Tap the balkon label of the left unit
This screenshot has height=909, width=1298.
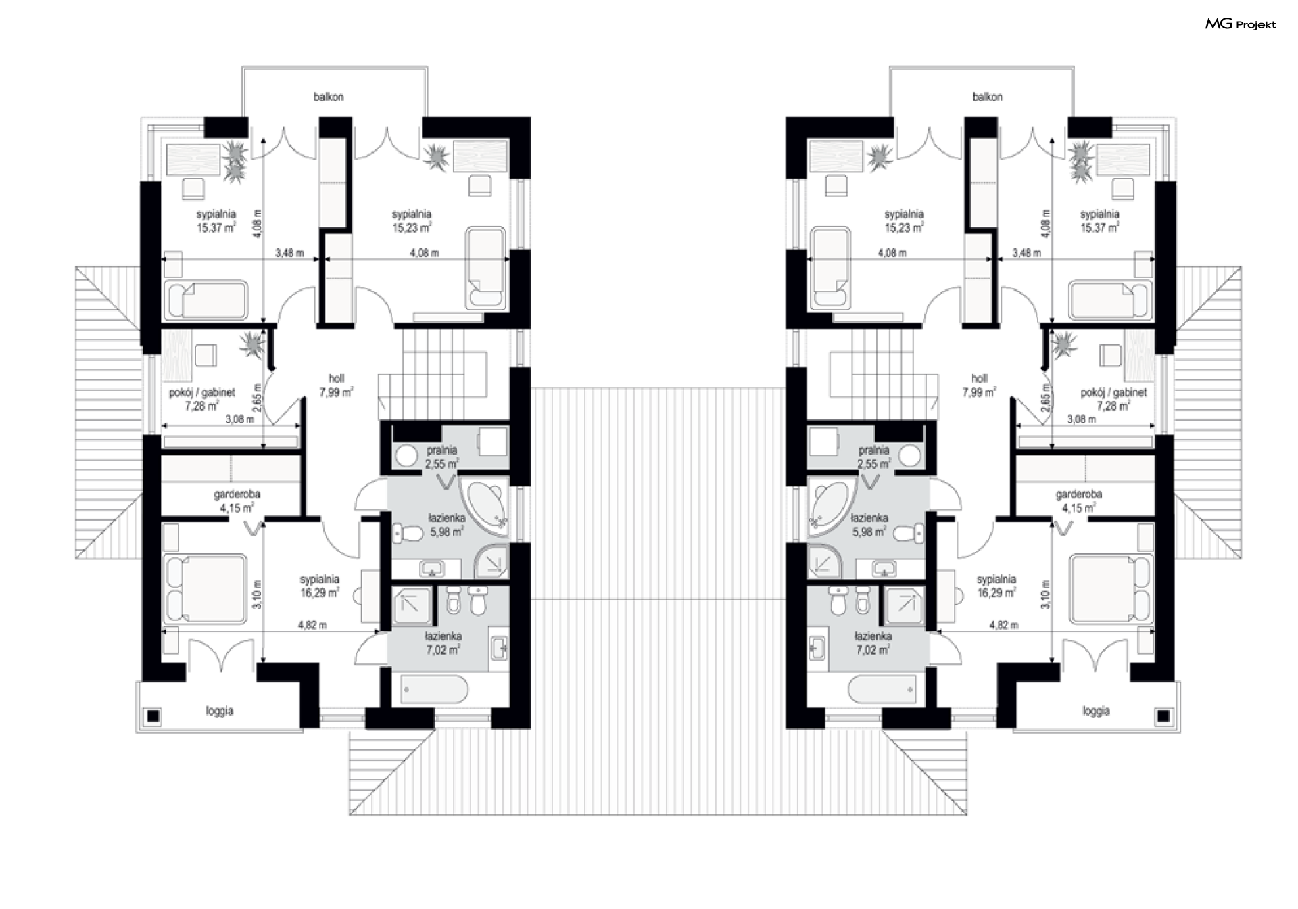(329, 97)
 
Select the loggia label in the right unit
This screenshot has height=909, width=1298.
(1096, 711)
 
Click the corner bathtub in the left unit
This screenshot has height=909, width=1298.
(485, 507)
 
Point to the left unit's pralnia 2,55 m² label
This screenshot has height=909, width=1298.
(442, 457)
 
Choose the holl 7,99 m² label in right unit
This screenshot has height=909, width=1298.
(979, 386)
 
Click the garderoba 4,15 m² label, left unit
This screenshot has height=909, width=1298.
(237, 501)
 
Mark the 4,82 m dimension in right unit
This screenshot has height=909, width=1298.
(1003, 625)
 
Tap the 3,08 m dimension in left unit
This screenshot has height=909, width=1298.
(239, 419)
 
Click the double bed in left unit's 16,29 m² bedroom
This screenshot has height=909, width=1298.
(206, 588)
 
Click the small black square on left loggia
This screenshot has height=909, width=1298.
(153, 716)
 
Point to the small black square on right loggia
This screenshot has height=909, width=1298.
(1163, 716)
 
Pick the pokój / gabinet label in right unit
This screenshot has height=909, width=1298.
(1113, 392)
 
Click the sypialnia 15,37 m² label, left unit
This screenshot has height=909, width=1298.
(216, 221)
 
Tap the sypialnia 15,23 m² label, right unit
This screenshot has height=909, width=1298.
(904, 221)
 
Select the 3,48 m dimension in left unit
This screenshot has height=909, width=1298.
(289, 253)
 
